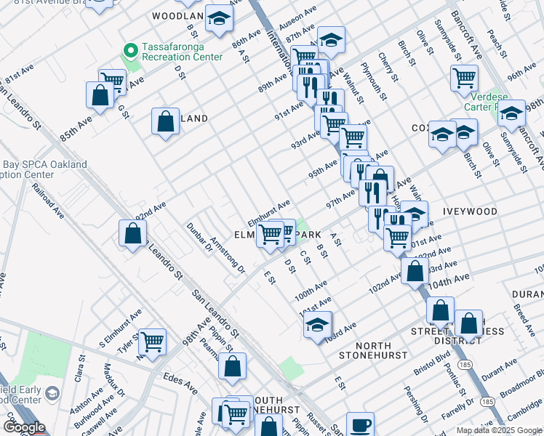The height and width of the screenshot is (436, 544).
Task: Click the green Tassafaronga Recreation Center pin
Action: pos(131,50)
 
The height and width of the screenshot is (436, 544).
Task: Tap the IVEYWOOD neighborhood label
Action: pos(470,211)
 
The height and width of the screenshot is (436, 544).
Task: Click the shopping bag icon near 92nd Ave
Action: pos(132,234)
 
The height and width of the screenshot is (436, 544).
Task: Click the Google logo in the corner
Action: pos(24,427)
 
